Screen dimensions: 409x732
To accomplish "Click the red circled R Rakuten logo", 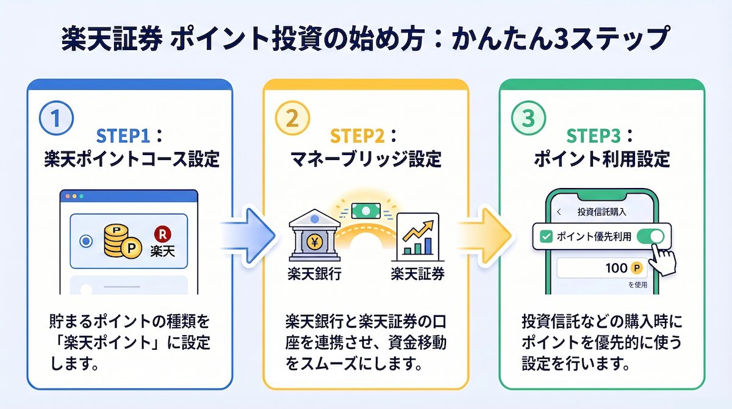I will (162, 233).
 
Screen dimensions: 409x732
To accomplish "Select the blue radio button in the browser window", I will (86, 242).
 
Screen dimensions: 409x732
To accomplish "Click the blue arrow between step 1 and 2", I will (246, 234).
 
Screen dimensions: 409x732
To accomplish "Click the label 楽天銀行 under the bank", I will (314, 273).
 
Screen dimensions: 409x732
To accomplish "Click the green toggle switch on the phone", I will (650, 237).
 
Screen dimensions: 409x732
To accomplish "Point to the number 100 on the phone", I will (616, 268).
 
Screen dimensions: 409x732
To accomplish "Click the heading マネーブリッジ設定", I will (365, 159).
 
